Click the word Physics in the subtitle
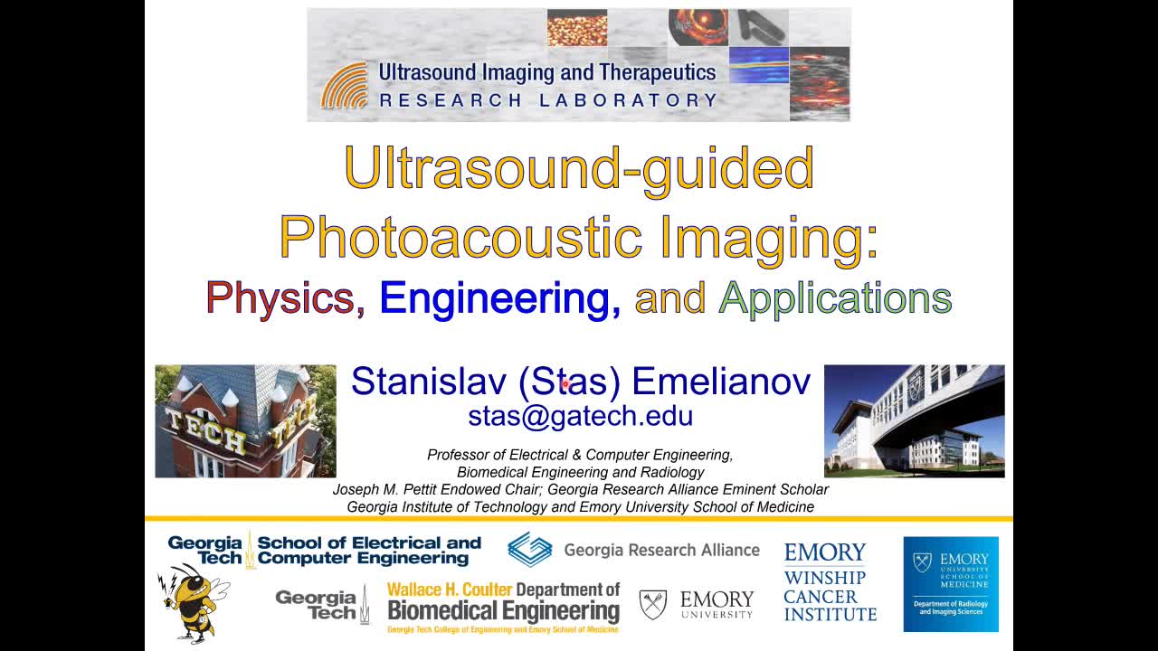coord(280,298)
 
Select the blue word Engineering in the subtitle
coord(499,298)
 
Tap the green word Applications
coord(834,298)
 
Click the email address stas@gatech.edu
coord(580,416)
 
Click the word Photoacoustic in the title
coord(460,237)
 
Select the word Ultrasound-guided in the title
coord(579,168)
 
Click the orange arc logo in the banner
coord(345,86)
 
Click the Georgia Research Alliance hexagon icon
coord(529,550)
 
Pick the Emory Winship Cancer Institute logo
coord(830,582)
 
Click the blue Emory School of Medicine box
coord(950,583)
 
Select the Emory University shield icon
coord(652,604)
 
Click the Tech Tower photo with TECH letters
coord(245,421)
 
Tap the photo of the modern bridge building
coord(914,421)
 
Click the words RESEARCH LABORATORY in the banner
coord(547,100)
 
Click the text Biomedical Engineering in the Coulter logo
coord(503,611)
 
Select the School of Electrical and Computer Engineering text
coord(368,551)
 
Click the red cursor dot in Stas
coord(565,384)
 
